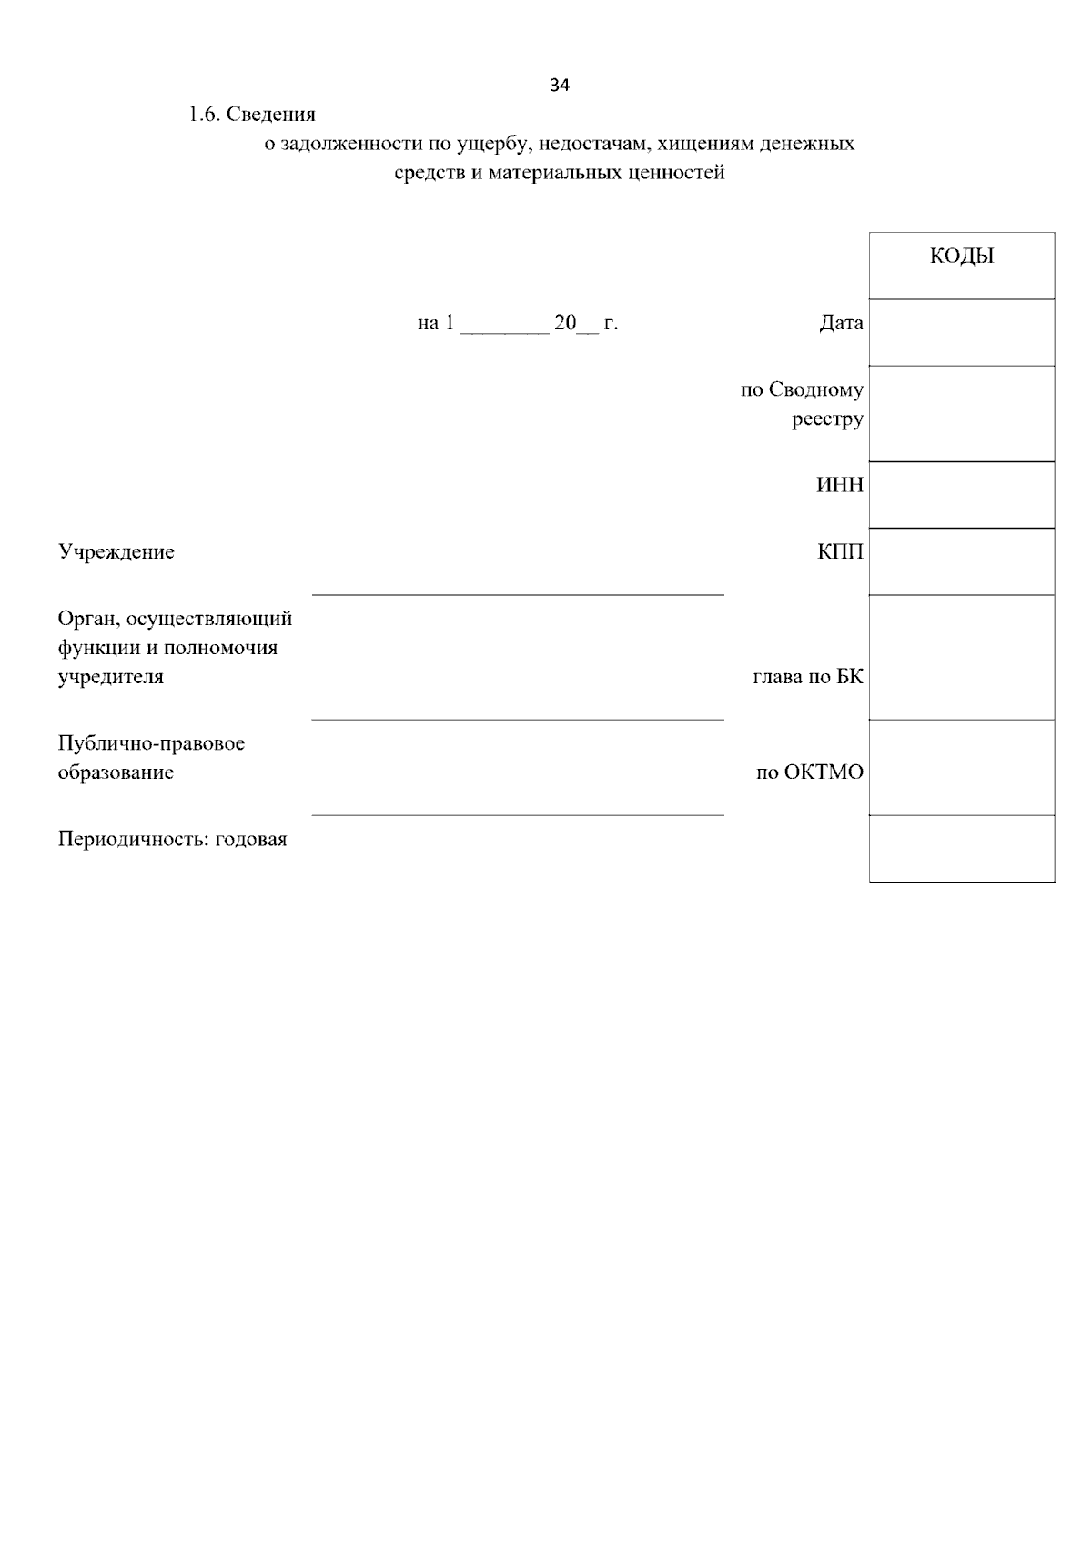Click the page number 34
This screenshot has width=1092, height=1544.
pyautogui.click(x=560, y=86)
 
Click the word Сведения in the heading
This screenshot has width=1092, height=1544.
pyautogui.click(x=271, y=115)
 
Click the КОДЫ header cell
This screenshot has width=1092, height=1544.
pyautogui.click(x=962, y=257)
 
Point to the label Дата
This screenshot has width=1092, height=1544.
pyautogui.click(x=841, y=323)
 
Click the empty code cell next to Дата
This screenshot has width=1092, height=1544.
pyautogui.click(x=962, y=332)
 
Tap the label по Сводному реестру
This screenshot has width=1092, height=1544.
pyautogui.click(x=802, y=404)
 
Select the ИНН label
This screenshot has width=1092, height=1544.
pyautogui.click(x=840, y=485)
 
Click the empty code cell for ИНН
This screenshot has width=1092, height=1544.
pyautogui.click(x=962, y=494)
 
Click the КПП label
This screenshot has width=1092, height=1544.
pyautogui.click(x=840, y=552)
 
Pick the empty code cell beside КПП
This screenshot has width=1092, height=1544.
pyautogui.click(x=962, y=561)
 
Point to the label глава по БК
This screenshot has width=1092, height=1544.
pyautogui.click(x=808, y=677)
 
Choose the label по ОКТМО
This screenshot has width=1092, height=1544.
pyautogui.click(x=810, y=772)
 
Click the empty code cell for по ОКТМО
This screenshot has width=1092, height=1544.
pyautogui.click(x=962, y=767)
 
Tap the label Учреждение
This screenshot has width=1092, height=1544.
pyautogui.click(x=116, y=552)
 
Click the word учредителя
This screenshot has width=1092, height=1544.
pyautogui.click(x=111, y=677)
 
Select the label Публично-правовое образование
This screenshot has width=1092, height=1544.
pyautogui.click(x=151, y=758)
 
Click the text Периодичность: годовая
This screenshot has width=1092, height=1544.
pyautogui.click(x=173, y=839)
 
